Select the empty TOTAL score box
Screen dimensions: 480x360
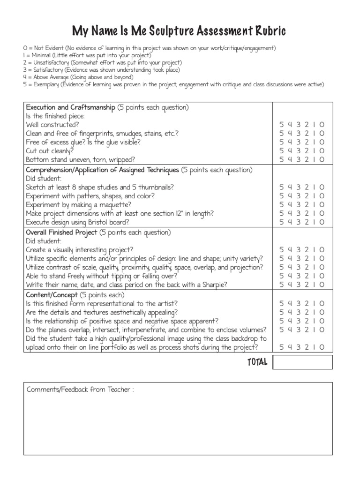[x=302, y=362]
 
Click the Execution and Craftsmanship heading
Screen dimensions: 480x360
[x=70, y=107]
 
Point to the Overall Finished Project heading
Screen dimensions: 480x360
[x=61, y=232]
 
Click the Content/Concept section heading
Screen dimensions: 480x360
[x=52, y=295]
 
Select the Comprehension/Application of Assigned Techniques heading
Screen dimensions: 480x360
[x=102, y=170]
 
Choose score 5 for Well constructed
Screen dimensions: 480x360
[x=281, y=125]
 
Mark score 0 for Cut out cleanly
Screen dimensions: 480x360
[x=322, y=151]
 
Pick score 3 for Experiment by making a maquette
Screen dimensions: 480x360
[x=298, y=204]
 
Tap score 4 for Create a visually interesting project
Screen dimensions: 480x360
[x=290, y=250]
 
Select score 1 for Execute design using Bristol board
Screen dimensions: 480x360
[x=314, y=222]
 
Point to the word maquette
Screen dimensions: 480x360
[x=115, y=205]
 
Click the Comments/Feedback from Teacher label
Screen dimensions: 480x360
[x=80, y=390]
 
